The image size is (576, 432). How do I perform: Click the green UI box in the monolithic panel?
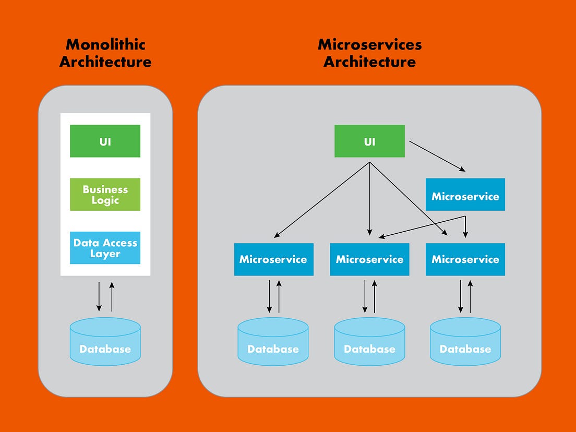coord(105,141)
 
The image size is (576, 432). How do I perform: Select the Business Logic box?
coord(105,195)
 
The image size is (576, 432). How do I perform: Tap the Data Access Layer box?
coord(105,248)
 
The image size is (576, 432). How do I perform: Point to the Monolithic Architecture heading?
coord(105,53)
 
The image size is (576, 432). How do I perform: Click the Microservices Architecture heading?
coord(369,53)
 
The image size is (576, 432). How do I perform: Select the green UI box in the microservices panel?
coord(369,141)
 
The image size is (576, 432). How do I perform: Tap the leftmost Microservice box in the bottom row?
coord(273,259)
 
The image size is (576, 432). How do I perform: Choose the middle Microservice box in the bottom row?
coord(369,259)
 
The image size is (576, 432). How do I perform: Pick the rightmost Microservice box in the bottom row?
coord(465,259)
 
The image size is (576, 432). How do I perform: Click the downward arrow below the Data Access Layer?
coord(99,296)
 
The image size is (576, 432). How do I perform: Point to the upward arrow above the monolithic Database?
coord(111,296)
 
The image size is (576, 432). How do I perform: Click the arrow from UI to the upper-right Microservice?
coord(437,156)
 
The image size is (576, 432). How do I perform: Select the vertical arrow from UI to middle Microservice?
coord(369,198)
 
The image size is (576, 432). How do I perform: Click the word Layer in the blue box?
coord(105,254)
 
